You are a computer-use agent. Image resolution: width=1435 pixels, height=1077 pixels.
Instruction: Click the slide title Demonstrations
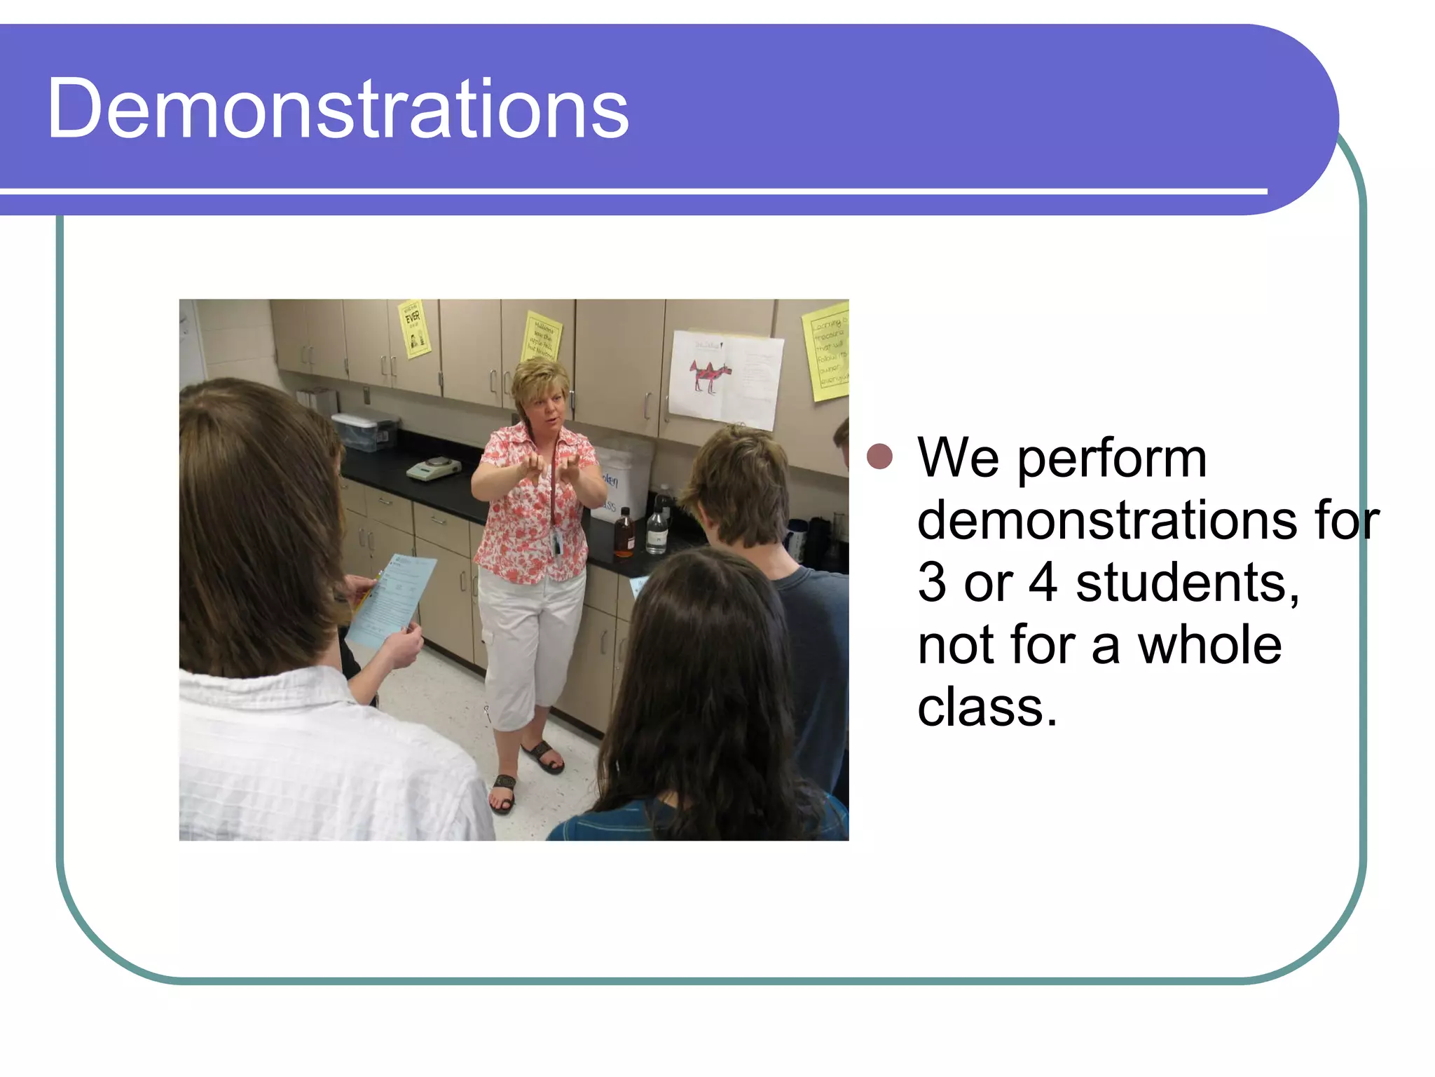[338, 109]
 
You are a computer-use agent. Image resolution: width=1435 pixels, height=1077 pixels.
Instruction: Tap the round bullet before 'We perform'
[879, 456]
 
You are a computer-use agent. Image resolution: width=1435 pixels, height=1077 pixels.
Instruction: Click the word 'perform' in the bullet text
[1111, 459]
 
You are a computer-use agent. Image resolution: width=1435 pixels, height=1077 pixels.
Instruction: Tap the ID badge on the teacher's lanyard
[557, 543]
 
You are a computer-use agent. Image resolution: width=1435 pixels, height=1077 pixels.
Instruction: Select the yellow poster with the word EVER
[414, 328]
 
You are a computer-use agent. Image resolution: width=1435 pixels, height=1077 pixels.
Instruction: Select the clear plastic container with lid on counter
[364, 430]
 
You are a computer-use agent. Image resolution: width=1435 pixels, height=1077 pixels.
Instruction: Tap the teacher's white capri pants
[531, 642]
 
